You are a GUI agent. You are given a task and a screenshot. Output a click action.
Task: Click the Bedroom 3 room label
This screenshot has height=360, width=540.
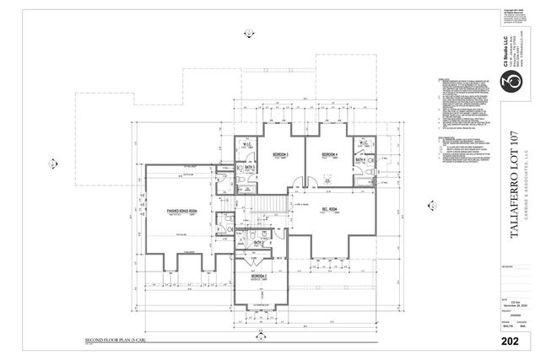(x=281, y=156)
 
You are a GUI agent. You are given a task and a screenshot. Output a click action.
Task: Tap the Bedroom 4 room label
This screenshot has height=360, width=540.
(x=327, y=156)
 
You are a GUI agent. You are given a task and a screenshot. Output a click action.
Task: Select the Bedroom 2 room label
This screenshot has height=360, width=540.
(x=259, y=277)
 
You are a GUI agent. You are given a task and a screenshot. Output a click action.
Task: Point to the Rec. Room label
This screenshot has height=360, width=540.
(x=328, y=210)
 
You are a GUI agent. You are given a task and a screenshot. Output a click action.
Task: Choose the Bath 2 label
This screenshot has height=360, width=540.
(x=259, y=244)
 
